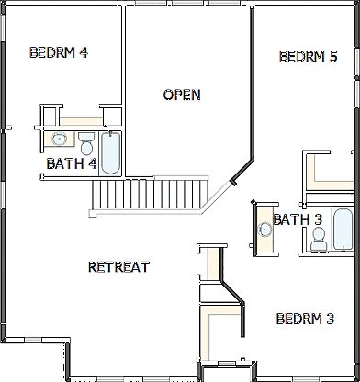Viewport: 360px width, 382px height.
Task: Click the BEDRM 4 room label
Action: tap(59, 52)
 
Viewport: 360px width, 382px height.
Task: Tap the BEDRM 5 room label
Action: tap(308, 57)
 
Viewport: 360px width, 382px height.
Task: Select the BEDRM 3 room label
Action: tap(305, 319)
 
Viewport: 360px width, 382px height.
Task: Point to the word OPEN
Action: tap(182, 95)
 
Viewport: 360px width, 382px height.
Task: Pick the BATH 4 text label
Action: tap(71, 164)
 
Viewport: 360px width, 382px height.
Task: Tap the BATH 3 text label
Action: tap(297, 219)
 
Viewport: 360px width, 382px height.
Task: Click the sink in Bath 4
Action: tap(59, 140)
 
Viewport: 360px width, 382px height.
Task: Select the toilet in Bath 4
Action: tap(86, 143)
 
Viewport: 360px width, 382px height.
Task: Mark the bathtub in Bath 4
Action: tap(110, 152)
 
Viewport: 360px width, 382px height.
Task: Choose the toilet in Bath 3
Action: tap(318, 238)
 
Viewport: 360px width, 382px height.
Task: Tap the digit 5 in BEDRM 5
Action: tap(333, 57)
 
